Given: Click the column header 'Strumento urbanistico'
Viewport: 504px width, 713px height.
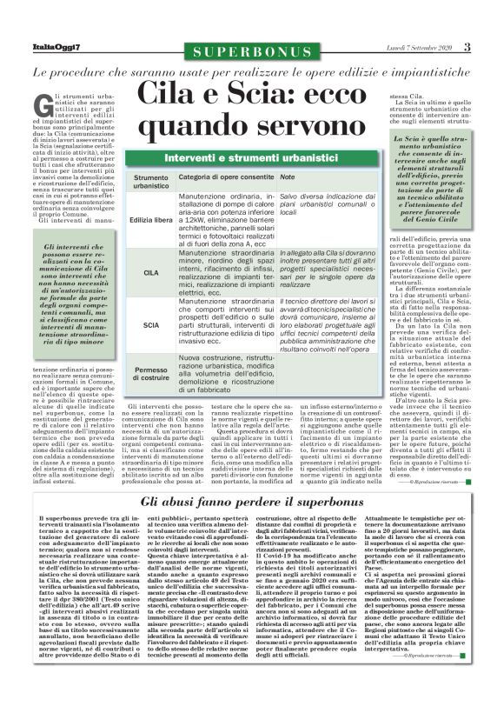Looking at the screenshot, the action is click(151, 182).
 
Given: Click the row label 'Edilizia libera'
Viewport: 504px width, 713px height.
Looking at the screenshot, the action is click(151, 221).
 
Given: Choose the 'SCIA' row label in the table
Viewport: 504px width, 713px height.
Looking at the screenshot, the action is click(151, 325).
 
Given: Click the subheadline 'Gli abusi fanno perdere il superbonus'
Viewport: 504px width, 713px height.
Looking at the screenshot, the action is click(251, 502).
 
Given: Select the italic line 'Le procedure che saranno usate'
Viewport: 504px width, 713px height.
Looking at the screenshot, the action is click(252, 73).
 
